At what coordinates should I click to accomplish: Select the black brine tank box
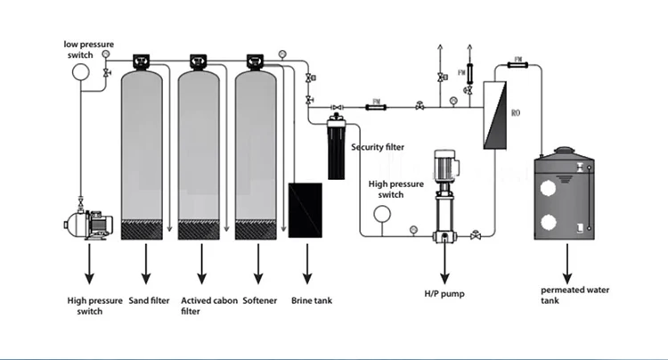(x=305, y=209)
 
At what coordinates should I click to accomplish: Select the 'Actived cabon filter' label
(x=202, y=306)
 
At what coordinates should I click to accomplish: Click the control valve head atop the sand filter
(x=143, y=61)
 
